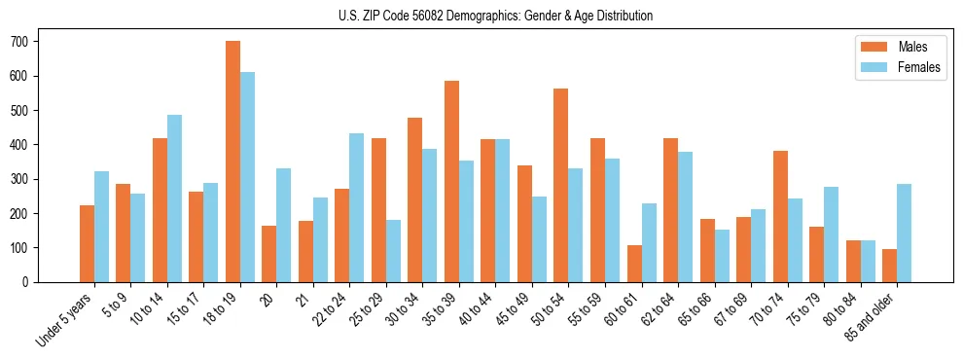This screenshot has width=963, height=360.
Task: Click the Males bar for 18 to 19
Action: pyautogui.click(x=232, y=162)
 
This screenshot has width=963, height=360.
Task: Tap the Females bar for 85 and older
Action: pyautogui.click(x=904, y=233)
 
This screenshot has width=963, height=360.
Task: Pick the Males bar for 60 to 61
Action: pyautogui.click(x=634, y=264)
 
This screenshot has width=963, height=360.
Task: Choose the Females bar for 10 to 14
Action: pyautogui.click(x=174, y=198)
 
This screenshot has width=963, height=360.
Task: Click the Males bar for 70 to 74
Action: pyautogui.click(x=780, y=216)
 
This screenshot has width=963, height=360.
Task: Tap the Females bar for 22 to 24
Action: pyautogui.click(x=357, y=207)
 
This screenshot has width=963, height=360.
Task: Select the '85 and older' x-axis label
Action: pyautogui.click(x=872, y=315)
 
